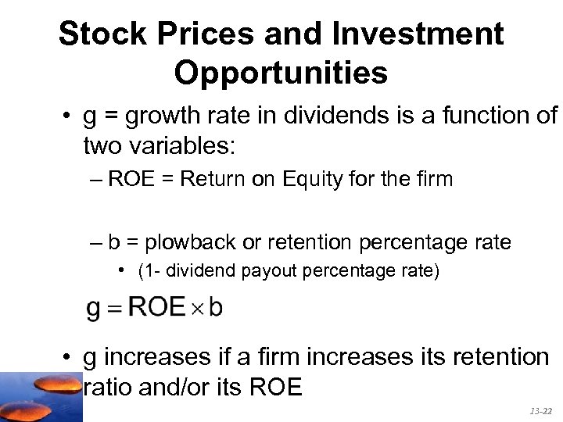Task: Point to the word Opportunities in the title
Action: point(281,73)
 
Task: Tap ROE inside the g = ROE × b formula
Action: point(156,307)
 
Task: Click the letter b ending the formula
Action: point(215,307)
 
